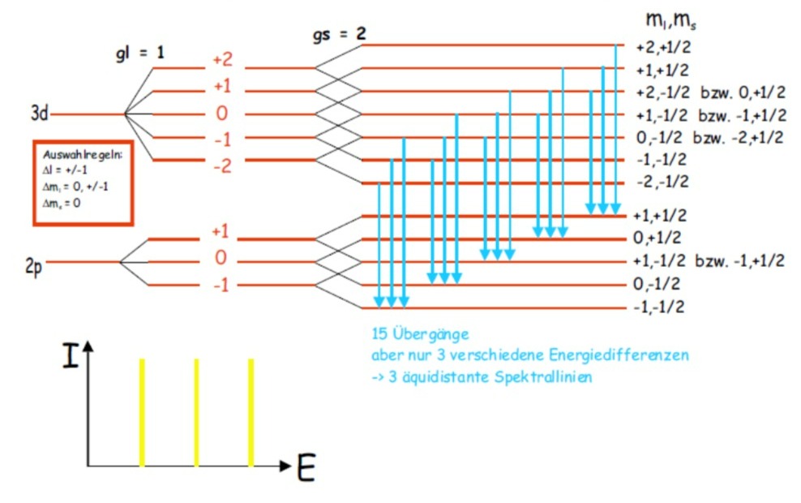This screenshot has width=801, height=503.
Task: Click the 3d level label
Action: tap(40, 113)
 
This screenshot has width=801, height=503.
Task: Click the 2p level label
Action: tap(34, 266)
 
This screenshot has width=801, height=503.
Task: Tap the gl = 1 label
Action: tap(140, 53)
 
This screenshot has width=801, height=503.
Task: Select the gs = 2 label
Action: tap(339, 34)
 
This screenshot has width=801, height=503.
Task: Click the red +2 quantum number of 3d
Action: tap(223, 60)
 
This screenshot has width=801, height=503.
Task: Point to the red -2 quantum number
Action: tap(223, 166)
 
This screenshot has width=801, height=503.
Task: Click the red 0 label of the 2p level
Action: tap(221, 257)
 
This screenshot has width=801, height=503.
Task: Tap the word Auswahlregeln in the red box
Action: tap(83, 155)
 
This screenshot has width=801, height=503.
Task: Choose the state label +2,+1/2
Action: tap(663, 48)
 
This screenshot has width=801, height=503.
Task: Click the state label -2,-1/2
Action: tap(662, 182)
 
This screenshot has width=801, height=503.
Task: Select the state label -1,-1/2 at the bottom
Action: tap(659, 307)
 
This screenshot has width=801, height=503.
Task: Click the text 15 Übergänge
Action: tap(420, 334)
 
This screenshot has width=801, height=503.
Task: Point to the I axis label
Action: tap(71, 355)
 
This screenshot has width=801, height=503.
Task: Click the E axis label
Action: tap(306, 468)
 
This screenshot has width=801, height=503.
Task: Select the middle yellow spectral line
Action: tap(196, 412)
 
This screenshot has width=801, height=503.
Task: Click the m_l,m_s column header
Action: tap(670, 19)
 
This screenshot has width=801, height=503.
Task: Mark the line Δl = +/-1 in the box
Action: tap(65, 170)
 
